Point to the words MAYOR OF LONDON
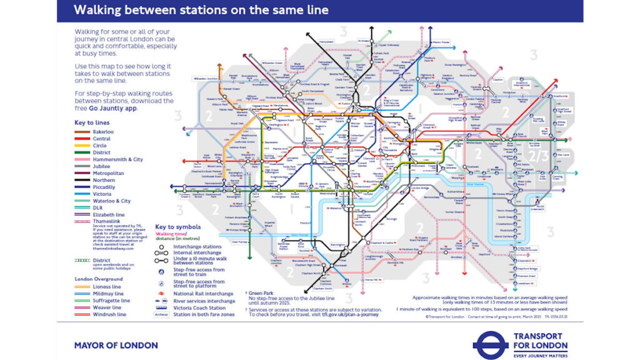116,345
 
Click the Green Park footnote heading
262,292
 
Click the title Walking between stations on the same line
201,11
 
